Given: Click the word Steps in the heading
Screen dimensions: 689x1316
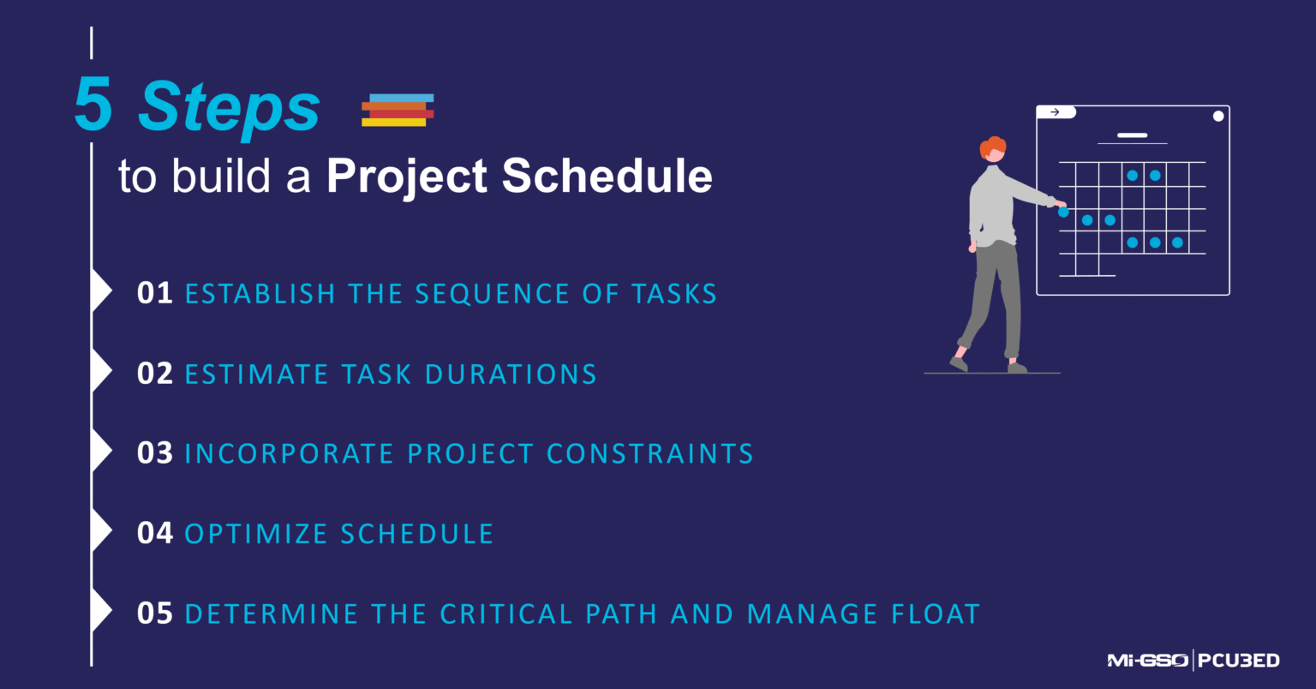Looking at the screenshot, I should click(x=229, y=108).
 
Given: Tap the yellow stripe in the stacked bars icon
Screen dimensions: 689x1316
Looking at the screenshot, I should click(x=393, y=123).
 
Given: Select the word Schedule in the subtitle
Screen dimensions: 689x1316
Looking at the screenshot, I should click(x=607, y=176).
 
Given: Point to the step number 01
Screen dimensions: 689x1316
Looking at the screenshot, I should click(x=154, y=293).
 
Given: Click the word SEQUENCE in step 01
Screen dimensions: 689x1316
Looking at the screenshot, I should click(x=492, y=294).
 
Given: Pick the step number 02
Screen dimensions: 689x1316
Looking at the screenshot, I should click(x=154, y=374).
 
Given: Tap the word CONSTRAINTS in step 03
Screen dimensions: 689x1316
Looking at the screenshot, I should click(x=649, y=453).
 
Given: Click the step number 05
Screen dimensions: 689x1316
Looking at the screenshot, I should click(x=154, y=614).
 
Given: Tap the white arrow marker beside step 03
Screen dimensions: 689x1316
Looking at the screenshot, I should click(x=101, y=452).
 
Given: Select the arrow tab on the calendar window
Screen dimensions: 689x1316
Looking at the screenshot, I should click(x=1056, y=112).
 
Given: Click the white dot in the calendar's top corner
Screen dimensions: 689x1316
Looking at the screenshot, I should click(x=1217, y=117).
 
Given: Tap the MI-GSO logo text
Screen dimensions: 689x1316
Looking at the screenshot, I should click(x=1146, y=661).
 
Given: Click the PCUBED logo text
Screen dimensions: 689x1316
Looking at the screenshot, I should click(x=1239, y=661).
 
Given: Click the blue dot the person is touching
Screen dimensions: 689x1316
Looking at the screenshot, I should click(x=1063, y=212).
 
